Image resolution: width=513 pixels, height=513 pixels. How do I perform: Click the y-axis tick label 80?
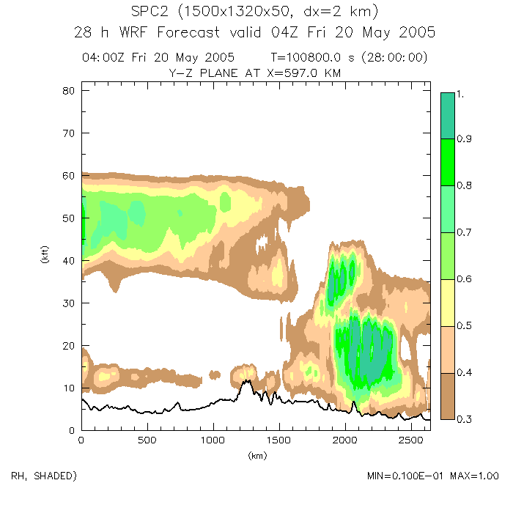66,91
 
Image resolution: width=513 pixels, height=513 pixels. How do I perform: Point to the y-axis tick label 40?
66,260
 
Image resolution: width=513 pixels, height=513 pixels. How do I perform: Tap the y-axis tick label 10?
66,388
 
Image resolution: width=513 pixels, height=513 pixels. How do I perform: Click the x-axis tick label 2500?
410,440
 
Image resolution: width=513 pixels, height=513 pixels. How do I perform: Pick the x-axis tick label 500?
147,440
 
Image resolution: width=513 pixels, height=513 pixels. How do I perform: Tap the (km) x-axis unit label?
256,455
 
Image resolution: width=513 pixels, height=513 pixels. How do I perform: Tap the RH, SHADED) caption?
45,476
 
